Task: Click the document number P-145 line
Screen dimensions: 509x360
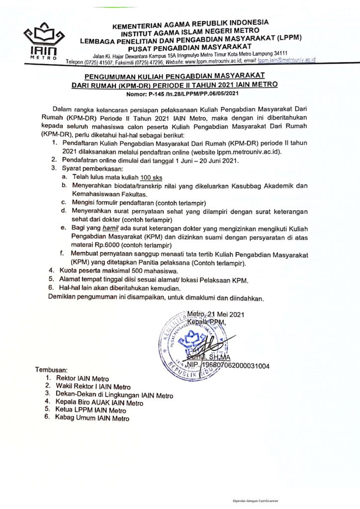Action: coord(180,93)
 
